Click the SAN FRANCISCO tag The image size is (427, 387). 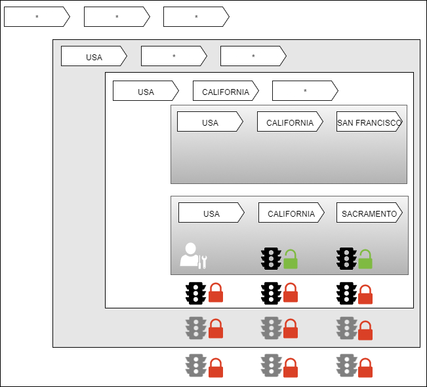(x=369, y=122)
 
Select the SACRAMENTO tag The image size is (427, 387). (x=369, y=213)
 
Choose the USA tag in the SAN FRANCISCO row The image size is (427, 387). (x=210, y=122)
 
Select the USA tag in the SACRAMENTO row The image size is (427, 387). (x=211, y=213)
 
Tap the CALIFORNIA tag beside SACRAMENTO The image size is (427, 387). (x=291, y=213)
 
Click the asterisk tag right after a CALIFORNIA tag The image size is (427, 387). (x=305, y=91)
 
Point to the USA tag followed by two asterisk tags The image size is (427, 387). (x=94, y=56)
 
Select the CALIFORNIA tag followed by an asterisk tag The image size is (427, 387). (x=226, y=91)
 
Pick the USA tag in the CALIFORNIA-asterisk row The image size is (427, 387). (x=146, y=91)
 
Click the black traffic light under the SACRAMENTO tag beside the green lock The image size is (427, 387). (x=346, y=259)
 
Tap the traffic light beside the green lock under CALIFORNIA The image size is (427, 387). (x=271, y=259)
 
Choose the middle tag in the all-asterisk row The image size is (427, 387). (x=117, y=17)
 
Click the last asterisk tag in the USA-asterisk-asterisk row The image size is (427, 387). (x=253, y=56)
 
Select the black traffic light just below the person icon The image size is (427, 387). (x=195, y=293)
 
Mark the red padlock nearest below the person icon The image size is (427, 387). (x=215, y=294)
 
